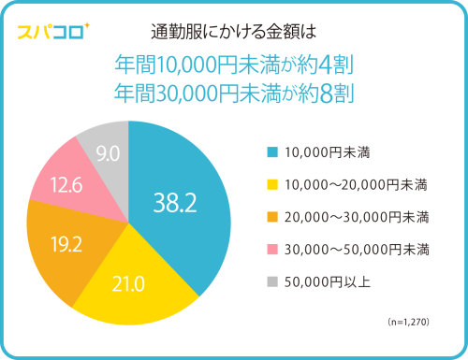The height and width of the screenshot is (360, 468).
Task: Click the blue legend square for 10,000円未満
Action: [271, 151]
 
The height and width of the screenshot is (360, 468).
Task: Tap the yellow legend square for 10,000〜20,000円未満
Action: [271, 184]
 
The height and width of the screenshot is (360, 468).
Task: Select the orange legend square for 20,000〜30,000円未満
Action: [271, 217]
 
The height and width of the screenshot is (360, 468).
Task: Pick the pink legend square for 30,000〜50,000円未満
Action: [271, 250]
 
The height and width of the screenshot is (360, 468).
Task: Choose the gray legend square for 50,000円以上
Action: [271, 282]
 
